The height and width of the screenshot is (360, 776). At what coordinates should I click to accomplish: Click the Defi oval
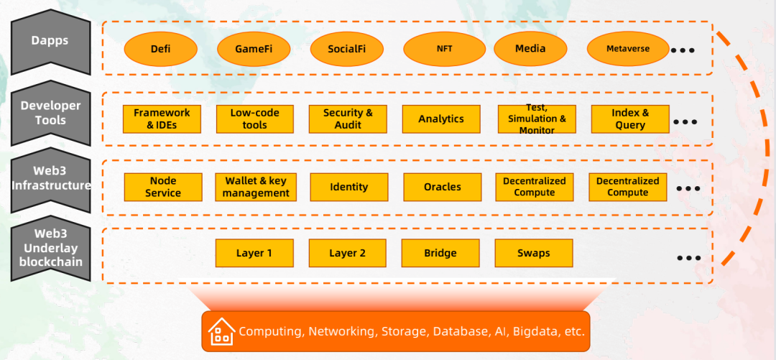click(161, 49)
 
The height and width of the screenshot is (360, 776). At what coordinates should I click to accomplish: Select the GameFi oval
click(254, 49)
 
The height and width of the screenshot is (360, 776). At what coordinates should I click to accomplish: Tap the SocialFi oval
click(347, 49)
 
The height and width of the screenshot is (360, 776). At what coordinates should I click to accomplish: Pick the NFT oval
click(445, 49)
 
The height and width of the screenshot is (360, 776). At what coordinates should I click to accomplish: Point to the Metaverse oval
click(628, 49)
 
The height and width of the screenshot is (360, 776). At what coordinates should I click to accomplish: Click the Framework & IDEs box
click(162, 119)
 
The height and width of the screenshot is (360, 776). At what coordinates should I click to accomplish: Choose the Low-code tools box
click(255, 119)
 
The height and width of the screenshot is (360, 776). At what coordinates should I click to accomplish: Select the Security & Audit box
click(348, 119)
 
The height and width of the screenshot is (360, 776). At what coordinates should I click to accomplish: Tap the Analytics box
click(441, 119)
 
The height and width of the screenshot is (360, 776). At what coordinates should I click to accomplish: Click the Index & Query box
click(630, 119)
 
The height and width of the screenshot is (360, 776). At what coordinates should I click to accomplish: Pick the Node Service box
click(163, 187)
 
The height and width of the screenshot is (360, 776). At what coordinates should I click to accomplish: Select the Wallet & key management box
click(256, 187)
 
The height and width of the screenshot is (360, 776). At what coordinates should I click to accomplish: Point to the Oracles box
click(443, 187)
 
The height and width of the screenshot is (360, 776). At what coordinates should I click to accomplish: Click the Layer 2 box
click(348, 253)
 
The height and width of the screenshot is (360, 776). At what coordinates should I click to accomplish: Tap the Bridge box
click(440, 253)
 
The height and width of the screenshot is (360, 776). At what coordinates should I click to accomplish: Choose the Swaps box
click(533, 253)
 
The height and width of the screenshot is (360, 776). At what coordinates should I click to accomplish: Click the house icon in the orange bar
click(221, 331)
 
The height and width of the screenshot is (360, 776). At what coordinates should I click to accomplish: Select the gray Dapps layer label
click(50, 42)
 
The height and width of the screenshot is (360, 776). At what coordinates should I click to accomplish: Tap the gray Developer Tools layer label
click(50, 113)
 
